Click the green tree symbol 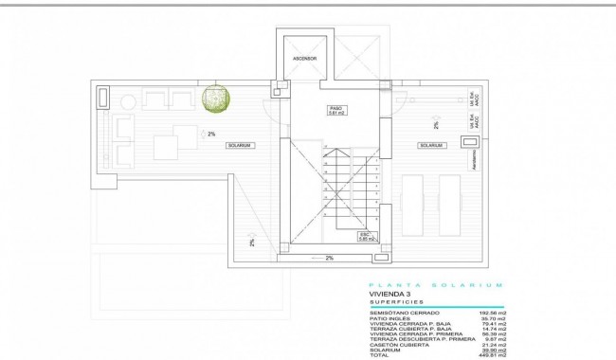coord(217,100)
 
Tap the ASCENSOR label coord(303,69)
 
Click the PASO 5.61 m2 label coord(335,110)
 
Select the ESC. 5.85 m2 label coord(366,236)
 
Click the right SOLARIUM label coord(430,145)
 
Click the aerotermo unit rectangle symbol coord(469,141)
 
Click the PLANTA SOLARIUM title coord(436,284)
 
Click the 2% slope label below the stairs coord(329,258)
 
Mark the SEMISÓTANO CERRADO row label coord(398,313)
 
